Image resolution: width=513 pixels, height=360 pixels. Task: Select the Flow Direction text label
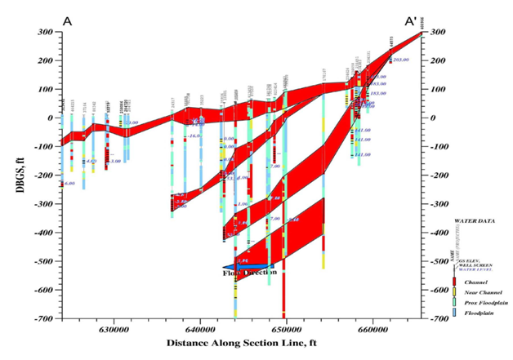[x=246, y=273]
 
